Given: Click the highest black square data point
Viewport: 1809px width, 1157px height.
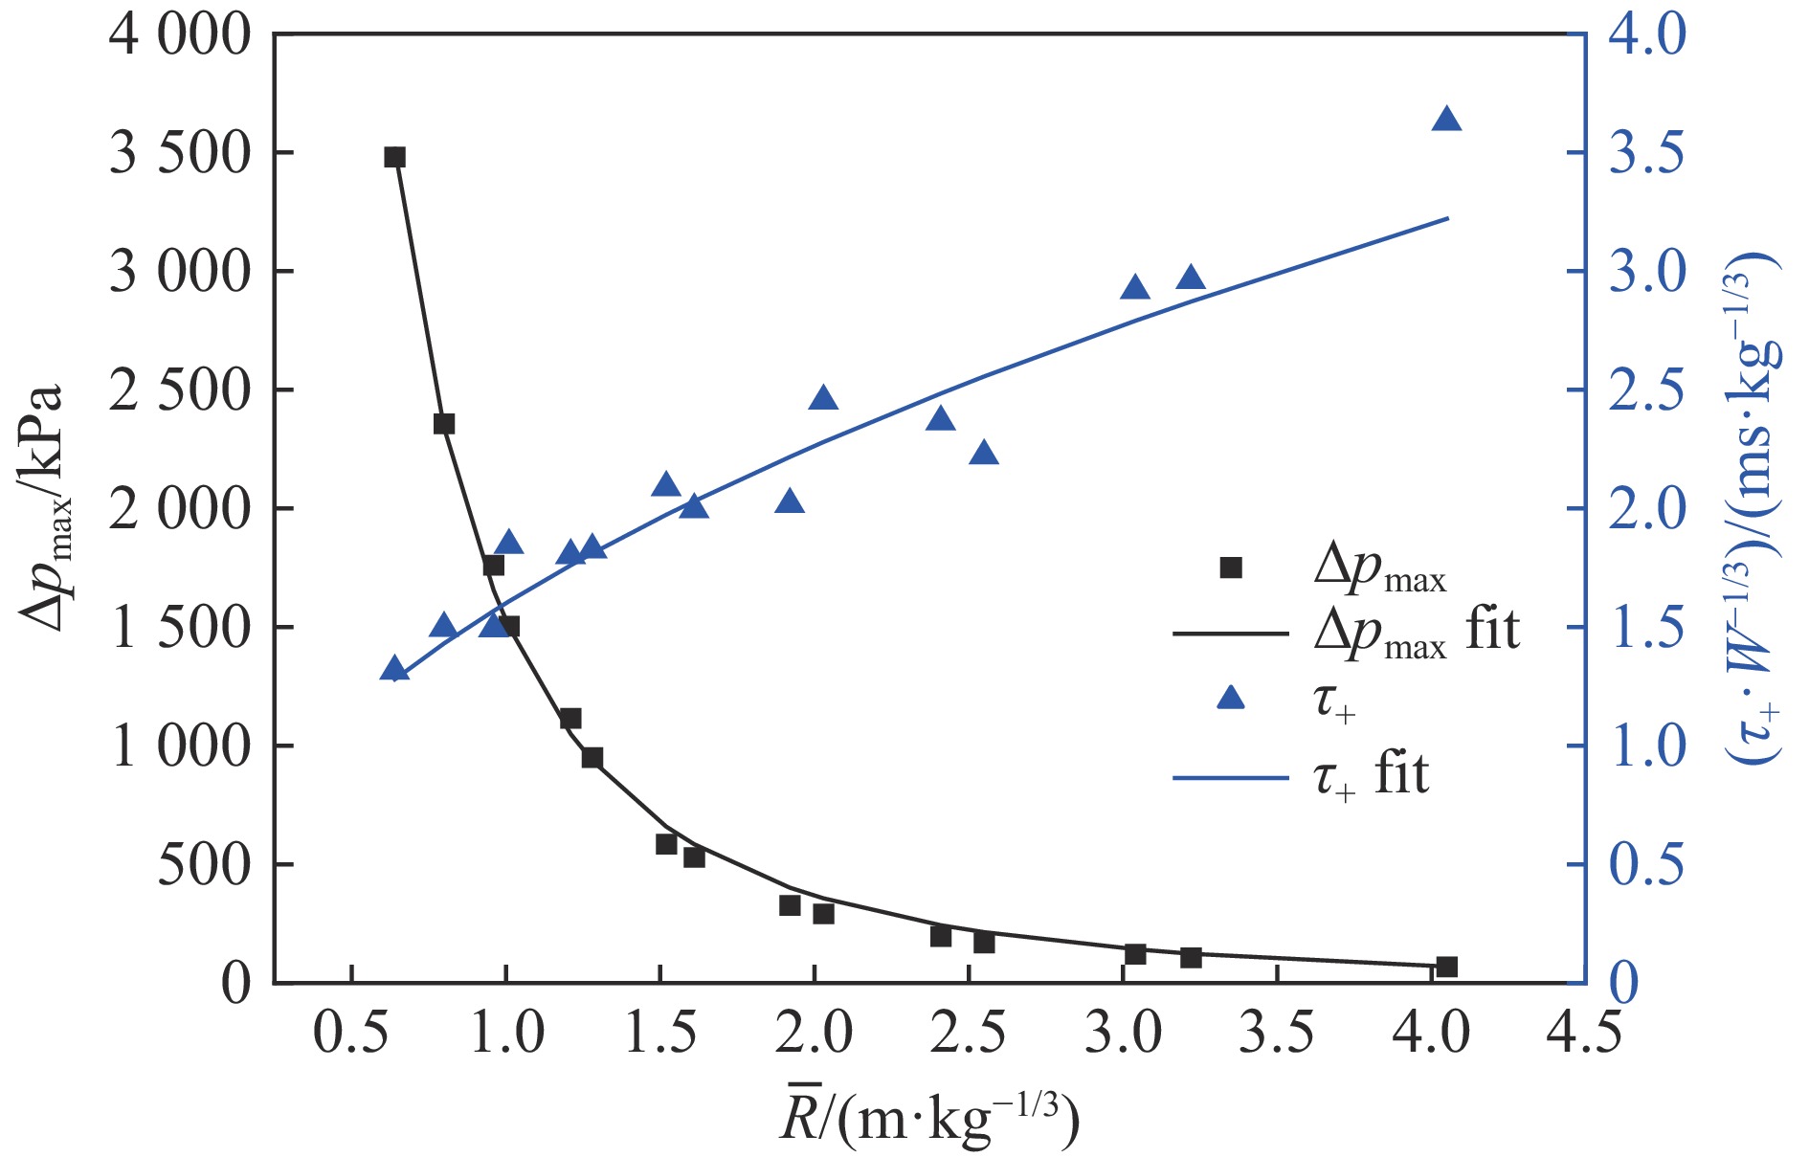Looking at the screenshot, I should [x=394, y=157].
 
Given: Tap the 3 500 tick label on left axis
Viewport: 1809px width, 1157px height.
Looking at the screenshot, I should [x=179, y=153].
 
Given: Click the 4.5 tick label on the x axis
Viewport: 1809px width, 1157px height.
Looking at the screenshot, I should [x=1585, y=1035].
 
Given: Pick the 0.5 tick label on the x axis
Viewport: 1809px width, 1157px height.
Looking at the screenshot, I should [x=351, y=1035].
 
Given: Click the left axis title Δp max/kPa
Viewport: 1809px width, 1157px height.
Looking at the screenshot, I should [x=43, y=508].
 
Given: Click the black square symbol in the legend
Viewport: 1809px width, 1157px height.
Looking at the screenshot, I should [x=1231, y=568].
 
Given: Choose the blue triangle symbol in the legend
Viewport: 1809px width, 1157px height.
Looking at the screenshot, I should [x=1231, y=700].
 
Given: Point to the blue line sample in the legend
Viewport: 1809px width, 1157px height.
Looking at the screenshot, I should [x=1231, y=777].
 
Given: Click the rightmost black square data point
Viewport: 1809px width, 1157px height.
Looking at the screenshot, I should [x=1446, y=967].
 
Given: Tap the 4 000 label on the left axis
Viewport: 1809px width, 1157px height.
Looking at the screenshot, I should [x=179, y=35].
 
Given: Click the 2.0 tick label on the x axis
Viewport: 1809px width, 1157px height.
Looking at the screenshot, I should [x=815, y=1035].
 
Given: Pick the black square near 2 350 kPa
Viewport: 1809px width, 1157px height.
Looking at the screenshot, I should [x=444, y=424].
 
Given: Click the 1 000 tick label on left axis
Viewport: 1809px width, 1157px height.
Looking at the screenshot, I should [x=179, y=746].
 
